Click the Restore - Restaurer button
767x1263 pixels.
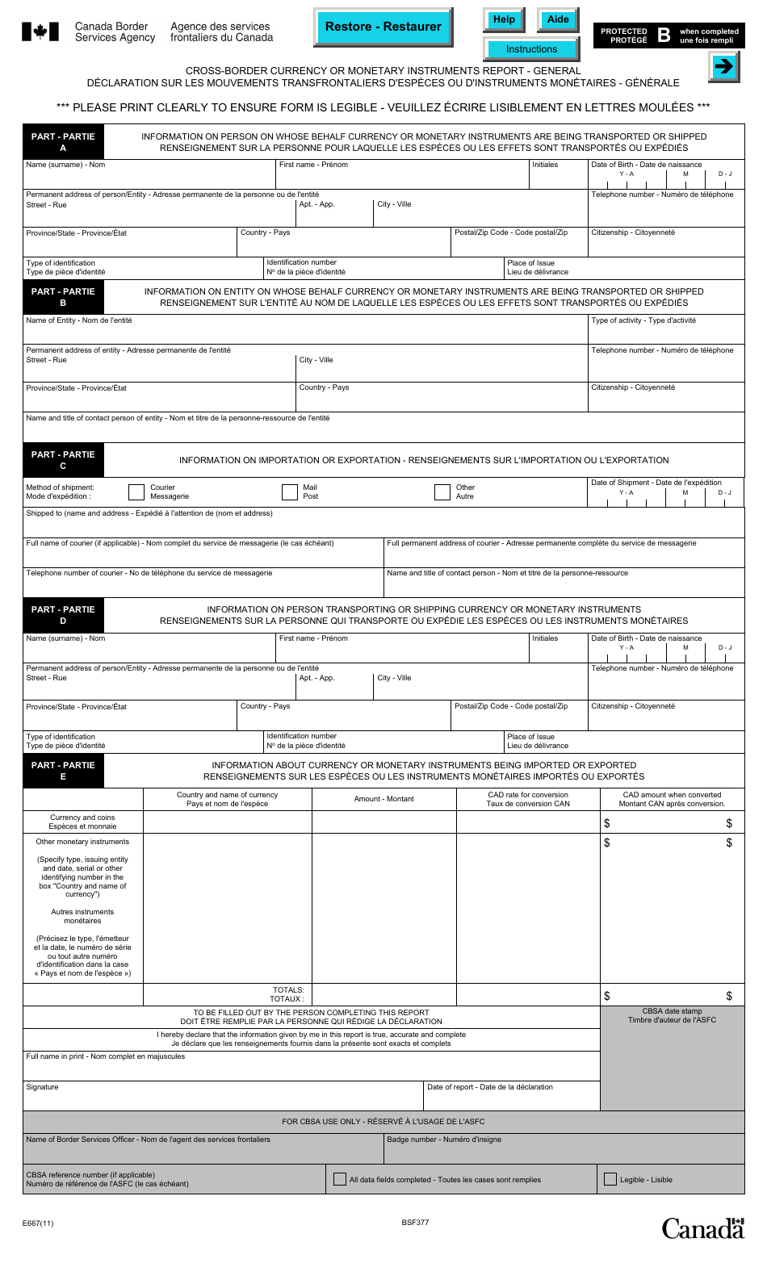click(383, 27)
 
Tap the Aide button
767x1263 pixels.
click(558, 20)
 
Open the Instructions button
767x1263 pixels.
click(531, 49)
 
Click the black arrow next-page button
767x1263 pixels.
click(724, 67)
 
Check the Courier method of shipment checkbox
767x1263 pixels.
click(136, 492)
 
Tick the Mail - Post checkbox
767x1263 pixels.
click(290, 492)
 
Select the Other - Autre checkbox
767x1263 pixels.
click(442, 492)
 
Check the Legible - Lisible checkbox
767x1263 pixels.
click(610, 1179)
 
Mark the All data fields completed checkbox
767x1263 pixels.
click(340, 1179)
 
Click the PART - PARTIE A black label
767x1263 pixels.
click(63, 142)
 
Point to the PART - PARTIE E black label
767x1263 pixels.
click(63, 771)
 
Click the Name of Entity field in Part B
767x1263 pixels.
click(305, 333)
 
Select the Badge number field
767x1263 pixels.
click(564, 1152)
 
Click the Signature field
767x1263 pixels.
click(223, 1099)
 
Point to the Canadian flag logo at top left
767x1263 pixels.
click(40, 32)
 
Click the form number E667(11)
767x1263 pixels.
click(38, 1223)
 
